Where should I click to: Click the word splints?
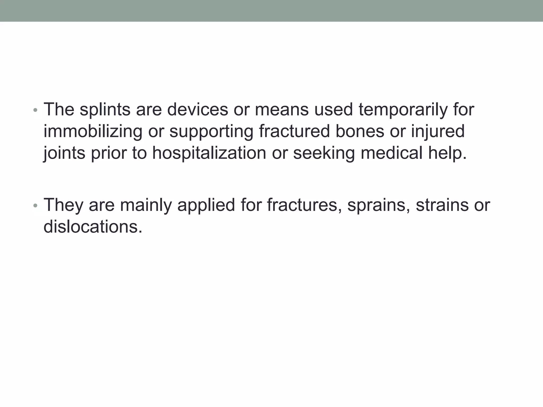point(105,109)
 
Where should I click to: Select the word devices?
point(198,109)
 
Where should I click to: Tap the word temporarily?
point(403,109)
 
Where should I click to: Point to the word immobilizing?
point(93,131)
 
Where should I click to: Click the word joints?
point(64,153)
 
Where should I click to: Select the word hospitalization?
point(209,153)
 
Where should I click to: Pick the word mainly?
point(146,205)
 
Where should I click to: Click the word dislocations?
point(93,227)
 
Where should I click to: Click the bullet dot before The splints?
point(36,110)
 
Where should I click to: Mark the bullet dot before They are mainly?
point(36,206)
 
